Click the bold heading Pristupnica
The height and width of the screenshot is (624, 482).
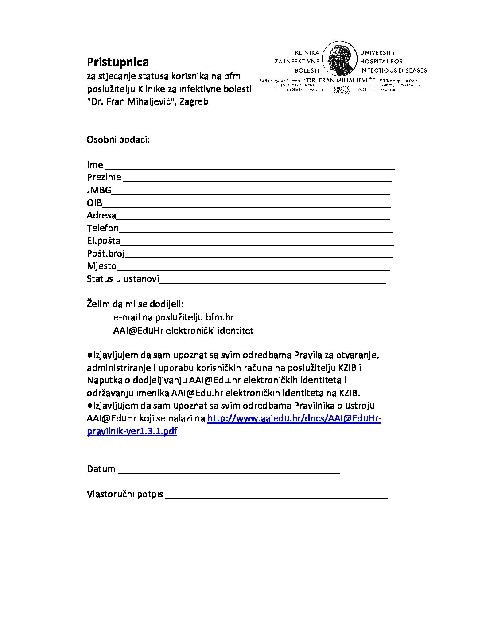point(117,62)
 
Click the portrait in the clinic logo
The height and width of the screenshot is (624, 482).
point(340,58)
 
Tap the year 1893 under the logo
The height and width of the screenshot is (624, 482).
point(340,90)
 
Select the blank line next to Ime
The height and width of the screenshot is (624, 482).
point(249,168)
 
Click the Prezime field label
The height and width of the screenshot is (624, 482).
point(104,177)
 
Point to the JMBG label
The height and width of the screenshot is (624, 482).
point(99,190)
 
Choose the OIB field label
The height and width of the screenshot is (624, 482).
point(94,203)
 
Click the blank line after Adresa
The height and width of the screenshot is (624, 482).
point(253,218)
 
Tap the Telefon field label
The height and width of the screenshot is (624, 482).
point(103,228)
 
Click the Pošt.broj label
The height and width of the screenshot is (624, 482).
point(105,253)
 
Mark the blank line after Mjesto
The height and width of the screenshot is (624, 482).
point(253,269)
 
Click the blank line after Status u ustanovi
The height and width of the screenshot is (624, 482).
point(272,282)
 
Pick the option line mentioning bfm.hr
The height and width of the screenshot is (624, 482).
point(174,317)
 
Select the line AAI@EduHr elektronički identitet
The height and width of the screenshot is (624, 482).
point(183,331)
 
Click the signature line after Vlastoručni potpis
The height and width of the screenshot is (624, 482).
point(276,498)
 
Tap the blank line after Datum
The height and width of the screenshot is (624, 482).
point(229,472)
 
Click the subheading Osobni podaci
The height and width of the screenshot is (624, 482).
point(118,140)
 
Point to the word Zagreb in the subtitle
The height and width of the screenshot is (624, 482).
point(194,101)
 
